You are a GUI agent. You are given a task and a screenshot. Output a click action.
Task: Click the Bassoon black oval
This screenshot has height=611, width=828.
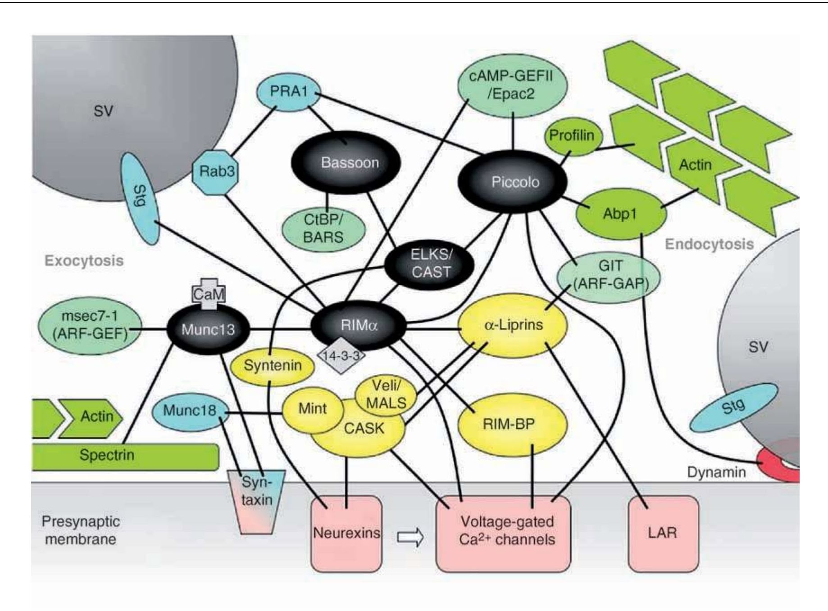346,162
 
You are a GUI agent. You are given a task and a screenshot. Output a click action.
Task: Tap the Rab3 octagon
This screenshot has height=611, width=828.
215,171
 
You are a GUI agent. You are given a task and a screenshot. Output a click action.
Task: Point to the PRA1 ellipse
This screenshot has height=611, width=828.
288,92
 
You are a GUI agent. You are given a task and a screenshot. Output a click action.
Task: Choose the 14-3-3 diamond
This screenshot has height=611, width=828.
341,355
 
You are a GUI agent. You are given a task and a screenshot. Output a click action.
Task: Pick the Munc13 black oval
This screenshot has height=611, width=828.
208,329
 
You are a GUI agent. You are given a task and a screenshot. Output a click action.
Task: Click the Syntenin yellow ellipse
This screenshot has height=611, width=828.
272,365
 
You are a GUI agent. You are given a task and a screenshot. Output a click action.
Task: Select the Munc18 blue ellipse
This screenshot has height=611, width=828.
189,411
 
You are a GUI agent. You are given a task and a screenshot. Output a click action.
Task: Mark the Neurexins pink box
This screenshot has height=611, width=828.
346,534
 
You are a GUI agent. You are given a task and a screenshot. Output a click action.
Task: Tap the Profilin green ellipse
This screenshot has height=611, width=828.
571,135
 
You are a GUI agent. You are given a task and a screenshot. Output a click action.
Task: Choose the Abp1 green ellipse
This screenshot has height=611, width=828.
620,214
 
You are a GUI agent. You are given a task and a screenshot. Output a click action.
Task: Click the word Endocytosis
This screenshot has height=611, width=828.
709,244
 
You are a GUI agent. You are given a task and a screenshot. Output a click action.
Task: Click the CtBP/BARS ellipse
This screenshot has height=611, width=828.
323,229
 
